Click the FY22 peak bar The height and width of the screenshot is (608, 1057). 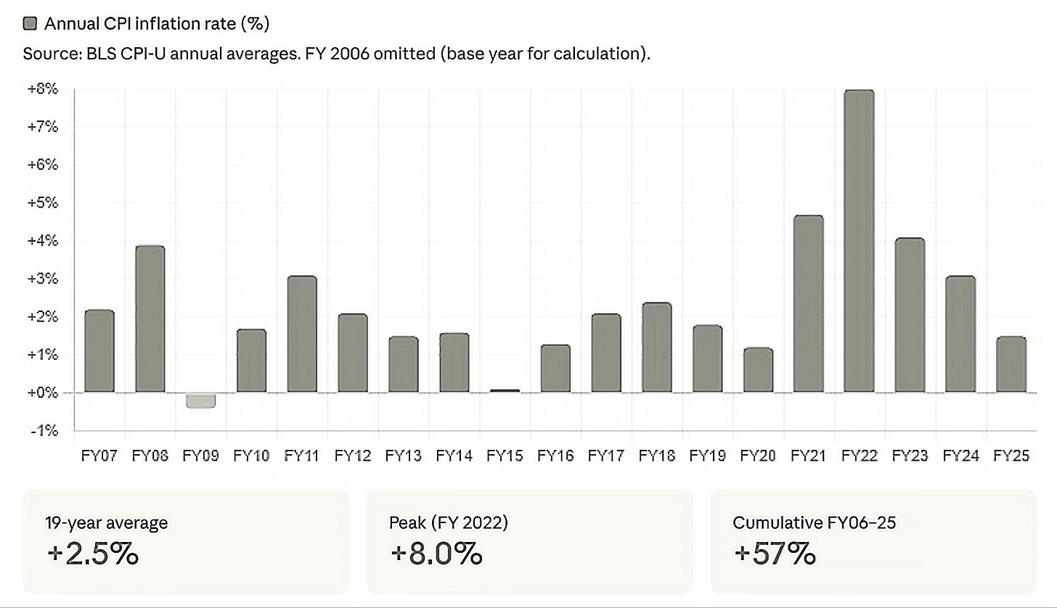(859, 242)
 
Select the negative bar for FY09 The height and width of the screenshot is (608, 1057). (200, 400)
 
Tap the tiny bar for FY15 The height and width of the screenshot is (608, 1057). (505, 391)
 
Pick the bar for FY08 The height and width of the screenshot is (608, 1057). (150, 319)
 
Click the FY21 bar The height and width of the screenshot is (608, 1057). (809, 304)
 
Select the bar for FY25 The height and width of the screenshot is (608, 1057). (1011, 364)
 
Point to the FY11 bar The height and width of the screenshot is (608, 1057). (302, 334)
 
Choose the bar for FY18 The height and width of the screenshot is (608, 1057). (656, 348)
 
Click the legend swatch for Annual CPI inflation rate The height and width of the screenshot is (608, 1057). (30, 24)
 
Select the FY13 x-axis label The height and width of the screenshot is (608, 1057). (403, 456)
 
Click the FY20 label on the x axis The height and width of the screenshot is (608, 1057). (758, 456)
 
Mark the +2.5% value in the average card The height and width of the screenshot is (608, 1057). (92, 554)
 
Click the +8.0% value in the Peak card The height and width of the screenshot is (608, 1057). (436, 554)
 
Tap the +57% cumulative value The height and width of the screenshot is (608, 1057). (775, 554)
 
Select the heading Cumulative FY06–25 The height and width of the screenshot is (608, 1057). (814, 522)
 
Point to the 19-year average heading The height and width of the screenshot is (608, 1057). (106, 522)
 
